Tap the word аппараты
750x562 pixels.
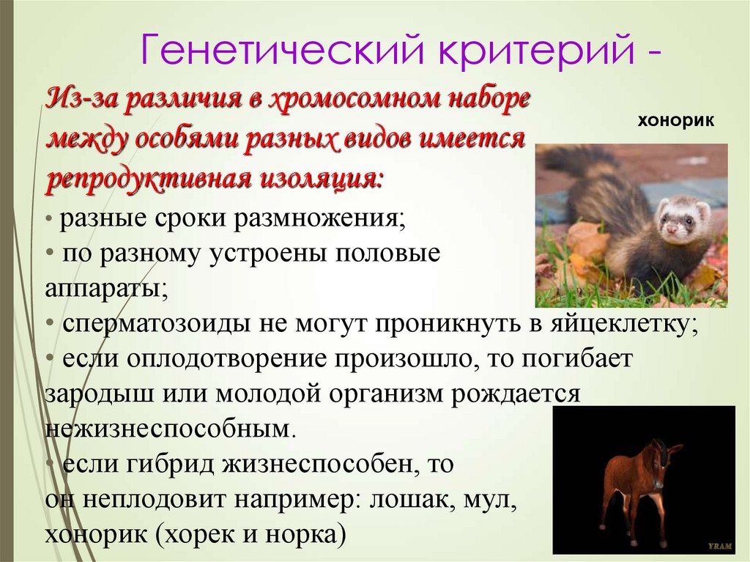point(105,288)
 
